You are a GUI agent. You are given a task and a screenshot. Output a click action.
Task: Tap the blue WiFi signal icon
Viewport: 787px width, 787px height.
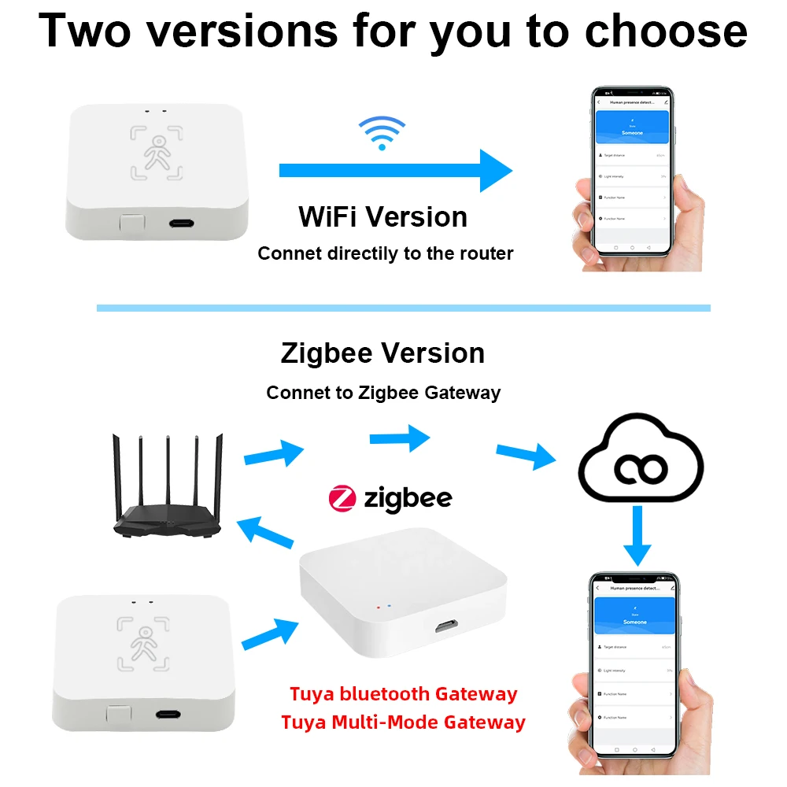382,132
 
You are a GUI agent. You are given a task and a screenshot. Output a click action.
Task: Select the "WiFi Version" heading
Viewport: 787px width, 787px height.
383,216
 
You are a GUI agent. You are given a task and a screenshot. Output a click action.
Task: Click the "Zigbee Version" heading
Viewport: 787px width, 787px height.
383,353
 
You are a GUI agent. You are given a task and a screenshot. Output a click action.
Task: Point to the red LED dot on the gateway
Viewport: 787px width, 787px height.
379,607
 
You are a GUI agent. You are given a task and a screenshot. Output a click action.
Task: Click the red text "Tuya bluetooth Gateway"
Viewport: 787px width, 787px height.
404,694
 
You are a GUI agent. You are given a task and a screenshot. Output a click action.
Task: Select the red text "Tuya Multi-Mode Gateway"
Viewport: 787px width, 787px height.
403,722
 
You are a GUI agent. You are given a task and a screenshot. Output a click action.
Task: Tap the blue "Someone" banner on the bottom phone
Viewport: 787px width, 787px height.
634,618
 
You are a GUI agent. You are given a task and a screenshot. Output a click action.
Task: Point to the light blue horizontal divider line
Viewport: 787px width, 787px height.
403,308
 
